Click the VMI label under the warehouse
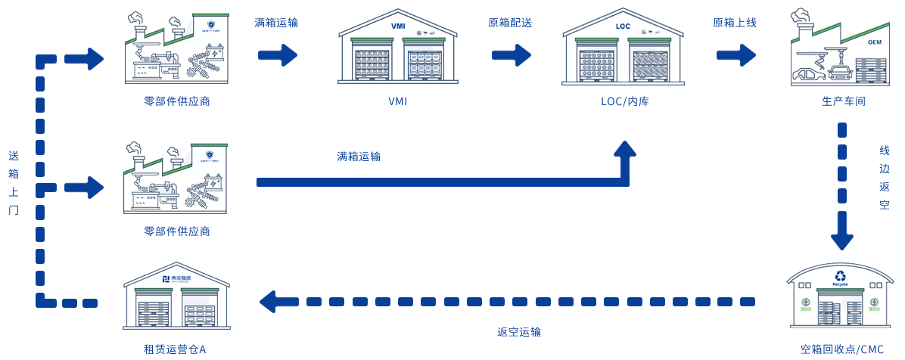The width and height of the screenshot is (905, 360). [397, 101]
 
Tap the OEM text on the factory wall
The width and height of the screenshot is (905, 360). [875, 42]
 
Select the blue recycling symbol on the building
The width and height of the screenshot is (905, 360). [839, 278]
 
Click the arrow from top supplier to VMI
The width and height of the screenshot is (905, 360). [277, 54]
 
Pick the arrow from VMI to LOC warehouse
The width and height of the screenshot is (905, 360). [511, 54]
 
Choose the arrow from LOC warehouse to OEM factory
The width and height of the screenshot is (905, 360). [736, 54]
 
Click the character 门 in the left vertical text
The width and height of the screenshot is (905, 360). [13, 209]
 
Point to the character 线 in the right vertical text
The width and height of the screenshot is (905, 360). [885, 151]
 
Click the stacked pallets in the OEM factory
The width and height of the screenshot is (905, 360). [878, 73]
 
